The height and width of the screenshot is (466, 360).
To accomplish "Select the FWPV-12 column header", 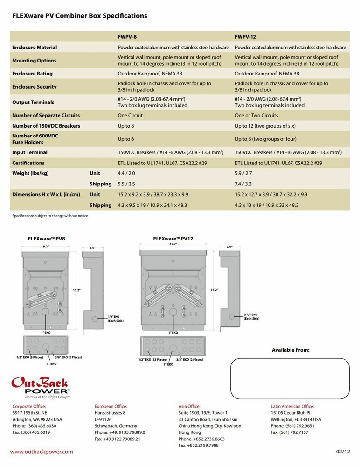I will (245, 36).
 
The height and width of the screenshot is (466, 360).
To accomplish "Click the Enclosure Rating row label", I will (32, 74).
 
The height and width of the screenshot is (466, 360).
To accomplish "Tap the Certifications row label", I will (28, 163).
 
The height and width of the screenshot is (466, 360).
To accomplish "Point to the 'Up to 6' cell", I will (125, 139).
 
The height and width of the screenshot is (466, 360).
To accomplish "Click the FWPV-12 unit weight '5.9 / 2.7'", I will (243, 173).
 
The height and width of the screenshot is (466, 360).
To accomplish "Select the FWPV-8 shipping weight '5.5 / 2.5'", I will (126, 184).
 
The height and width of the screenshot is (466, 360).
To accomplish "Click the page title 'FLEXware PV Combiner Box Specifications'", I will (79, 16).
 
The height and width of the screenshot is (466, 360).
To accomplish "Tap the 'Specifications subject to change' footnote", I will (50, 216).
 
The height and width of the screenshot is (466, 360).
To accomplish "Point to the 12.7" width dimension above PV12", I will (173, 244).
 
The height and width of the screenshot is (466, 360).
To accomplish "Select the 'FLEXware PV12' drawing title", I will (173, 238).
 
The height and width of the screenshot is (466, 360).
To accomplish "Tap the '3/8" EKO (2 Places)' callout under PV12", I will (190, 359).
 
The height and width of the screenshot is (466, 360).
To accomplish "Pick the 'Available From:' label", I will (291, 350).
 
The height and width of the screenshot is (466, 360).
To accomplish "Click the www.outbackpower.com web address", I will (42, 452).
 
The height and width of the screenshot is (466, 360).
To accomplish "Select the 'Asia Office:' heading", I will (189, 406).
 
